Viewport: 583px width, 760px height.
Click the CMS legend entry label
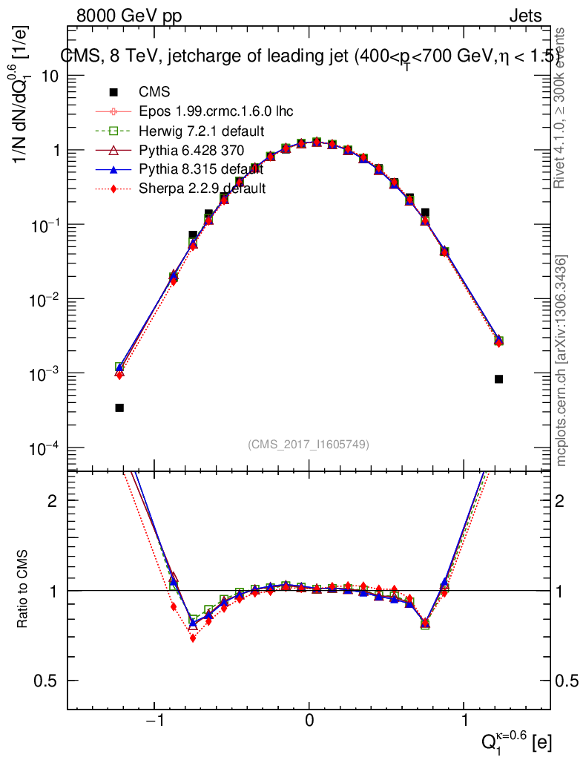(x=154, y=92)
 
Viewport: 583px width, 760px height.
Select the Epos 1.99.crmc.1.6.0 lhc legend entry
(x=216, y=111)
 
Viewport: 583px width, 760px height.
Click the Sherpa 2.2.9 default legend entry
(x=202, y=189)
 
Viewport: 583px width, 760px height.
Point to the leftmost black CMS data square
(x=119, y=407)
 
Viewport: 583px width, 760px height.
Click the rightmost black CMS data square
(x=499, y=379)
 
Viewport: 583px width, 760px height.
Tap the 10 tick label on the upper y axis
(x=49, y=76)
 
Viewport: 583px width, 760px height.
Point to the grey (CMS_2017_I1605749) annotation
(x=309, y=444)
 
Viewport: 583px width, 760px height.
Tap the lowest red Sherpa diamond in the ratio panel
(x=193, y=638)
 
